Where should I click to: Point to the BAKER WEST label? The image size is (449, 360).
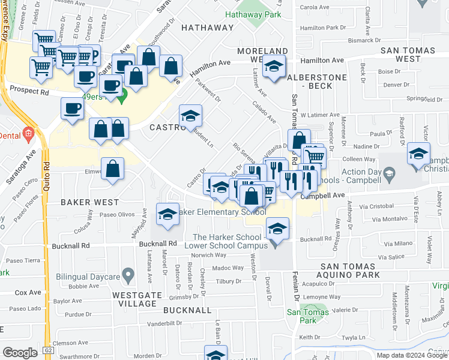(87, 203)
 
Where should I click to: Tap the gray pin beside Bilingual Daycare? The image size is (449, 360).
(127, 275)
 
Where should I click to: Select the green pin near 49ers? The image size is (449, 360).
(122, 95)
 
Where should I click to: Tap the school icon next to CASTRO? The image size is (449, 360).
(191, 115)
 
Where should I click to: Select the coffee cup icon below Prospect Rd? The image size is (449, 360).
(73, 109)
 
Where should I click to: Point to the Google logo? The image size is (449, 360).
(20, 353)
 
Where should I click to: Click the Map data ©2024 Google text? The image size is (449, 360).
(412, 355)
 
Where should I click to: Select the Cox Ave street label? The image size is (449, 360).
(28, 293)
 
